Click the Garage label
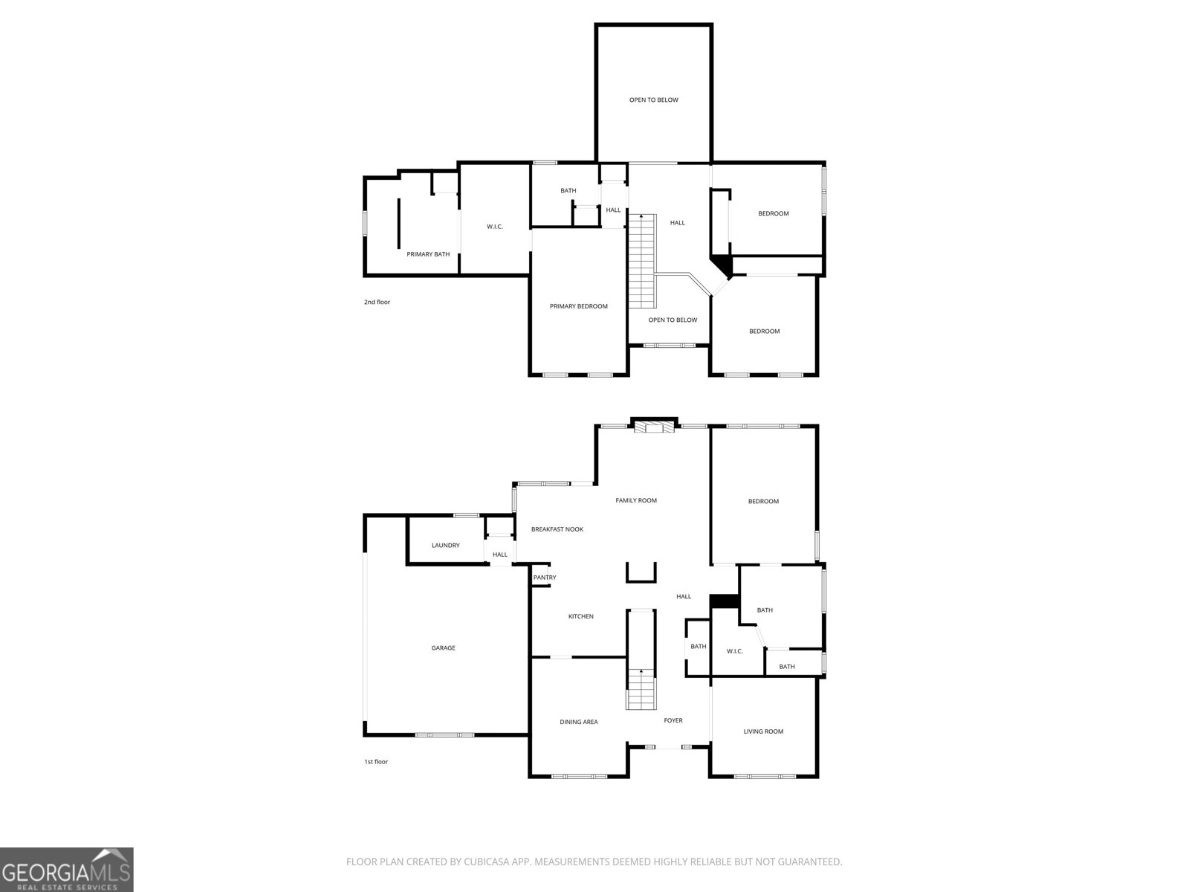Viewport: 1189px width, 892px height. pos(443,647)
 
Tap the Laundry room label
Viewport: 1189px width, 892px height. pos(445,546)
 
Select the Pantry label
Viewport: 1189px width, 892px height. pos(545,578)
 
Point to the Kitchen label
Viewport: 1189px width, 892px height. pos(580,616)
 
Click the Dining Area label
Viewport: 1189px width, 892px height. pos(578,722)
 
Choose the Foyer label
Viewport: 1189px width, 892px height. pos(673,720)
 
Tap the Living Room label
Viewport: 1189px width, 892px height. pos(763,731)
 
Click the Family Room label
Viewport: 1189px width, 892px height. pos(636,500)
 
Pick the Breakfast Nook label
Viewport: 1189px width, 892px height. pos(557,529)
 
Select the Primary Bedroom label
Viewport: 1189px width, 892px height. pos(578,306)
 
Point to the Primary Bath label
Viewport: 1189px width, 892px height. pos(428,254)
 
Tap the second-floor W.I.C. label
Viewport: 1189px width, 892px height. pos(495,227)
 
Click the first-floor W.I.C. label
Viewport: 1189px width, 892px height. pos(734,652)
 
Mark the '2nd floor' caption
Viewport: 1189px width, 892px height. pos(377,303)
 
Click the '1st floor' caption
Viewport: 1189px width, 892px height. pos(376,762)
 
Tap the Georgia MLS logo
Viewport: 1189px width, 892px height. pos(67,869)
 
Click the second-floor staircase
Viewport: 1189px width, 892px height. pos(643,262)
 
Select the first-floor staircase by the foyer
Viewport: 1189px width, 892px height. pos(641,689)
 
